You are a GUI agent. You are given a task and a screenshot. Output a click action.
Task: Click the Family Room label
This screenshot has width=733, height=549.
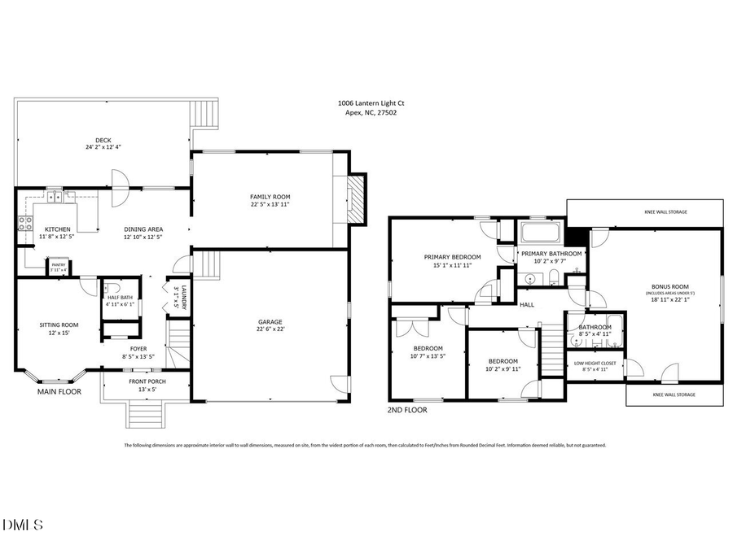tap(270, 197)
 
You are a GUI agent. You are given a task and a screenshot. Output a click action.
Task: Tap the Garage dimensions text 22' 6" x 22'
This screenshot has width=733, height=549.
tap(270, 329)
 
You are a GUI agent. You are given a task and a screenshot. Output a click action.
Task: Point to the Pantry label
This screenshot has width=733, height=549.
tap(59, 264)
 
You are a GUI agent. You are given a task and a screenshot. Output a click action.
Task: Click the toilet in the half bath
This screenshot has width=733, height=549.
tap(115, 289)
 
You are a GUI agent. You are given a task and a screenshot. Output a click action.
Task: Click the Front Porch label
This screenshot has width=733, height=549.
tap(147, 381)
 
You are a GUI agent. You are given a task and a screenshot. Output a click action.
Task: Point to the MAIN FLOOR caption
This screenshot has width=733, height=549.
tap(59, 392)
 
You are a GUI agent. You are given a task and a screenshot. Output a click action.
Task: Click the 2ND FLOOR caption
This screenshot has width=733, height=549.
tap(407, 410)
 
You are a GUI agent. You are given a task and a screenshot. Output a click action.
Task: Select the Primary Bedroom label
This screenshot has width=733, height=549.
tap(452, 257)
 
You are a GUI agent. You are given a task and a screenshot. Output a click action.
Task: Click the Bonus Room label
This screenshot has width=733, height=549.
tap(670, 286)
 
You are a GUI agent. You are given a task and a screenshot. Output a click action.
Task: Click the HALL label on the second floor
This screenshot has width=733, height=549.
tap(527, 305)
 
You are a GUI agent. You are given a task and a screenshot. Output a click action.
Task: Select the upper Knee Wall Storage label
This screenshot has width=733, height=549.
tap(665, 212)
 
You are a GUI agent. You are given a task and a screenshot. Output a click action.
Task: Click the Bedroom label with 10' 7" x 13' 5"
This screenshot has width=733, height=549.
tap(428, 348)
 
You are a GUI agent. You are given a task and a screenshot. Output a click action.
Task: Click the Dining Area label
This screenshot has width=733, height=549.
tap(143, 229)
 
